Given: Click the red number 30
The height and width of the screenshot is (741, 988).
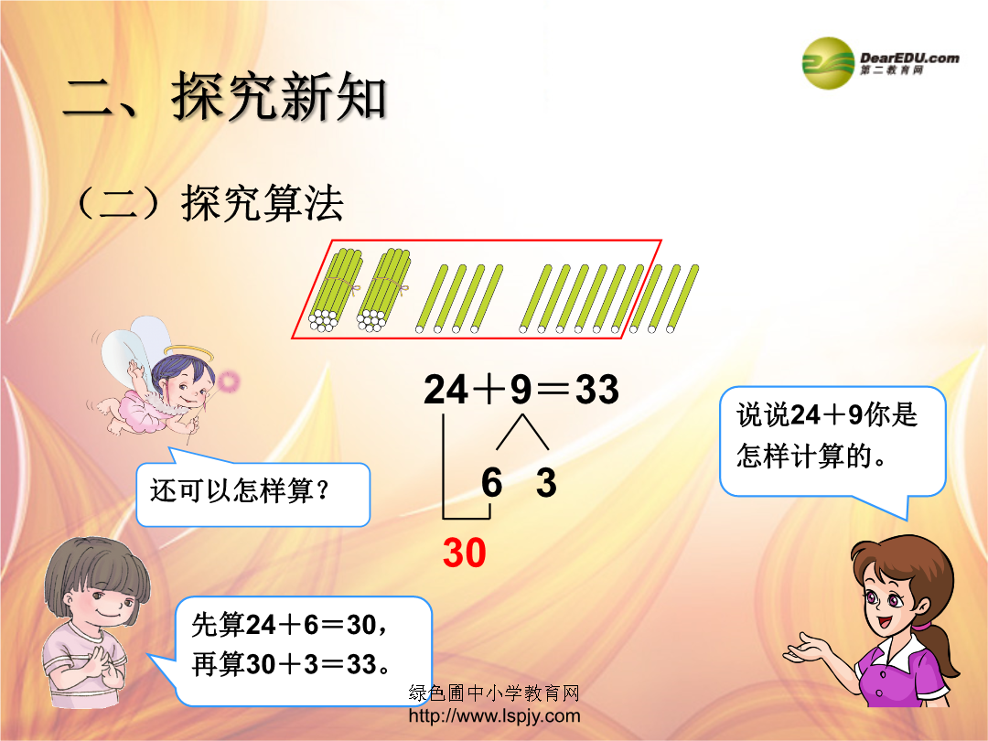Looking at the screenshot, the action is tap(465, 553).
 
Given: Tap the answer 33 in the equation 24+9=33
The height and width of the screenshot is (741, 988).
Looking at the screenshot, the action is tap(596, 389).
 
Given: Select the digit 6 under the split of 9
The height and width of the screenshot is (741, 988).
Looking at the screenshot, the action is tap(491, 483).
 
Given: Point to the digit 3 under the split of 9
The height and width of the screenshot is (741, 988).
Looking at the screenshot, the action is tap(546, 483).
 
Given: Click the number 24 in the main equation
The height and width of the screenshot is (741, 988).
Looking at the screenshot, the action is tap(446, 389).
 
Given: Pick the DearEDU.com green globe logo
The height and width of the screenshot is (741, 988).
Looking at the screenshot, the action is tap(828, 63).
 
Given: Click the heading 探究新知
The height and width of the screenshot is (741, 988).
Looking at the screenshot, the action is tap(279, 96).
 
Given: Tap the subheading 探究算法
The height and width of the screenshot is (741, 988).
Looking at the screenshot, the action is tap(263, 203).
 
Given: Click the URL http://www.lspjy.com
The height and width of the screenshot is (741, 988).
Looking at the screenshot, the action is tap(495, 715).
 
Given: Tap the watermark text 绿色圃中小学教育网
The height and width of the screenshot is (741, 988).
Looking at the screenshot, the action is tap(494, 693).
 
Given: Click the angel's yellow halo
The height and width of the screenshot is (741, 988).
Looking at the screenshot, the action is tap(188, 351).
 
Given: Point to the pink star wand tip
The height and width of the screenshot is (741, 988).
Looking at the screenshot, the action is tap(228, 381).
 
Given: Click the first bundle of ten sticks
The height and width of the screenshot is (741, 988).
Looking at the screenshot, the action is tap(335, 289).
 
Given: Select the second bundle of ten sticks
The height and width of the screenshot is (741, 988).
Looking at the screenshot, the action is tap(383, 289).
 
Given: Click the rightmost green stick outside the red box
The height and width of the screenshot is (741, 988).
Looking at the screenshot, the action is tap(682, 297).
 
